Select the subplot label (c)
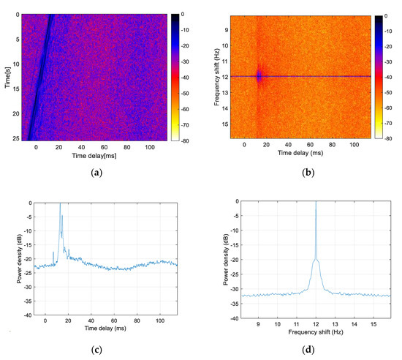pos(102,350)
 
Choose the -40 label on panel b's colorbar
pos(388,76)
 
